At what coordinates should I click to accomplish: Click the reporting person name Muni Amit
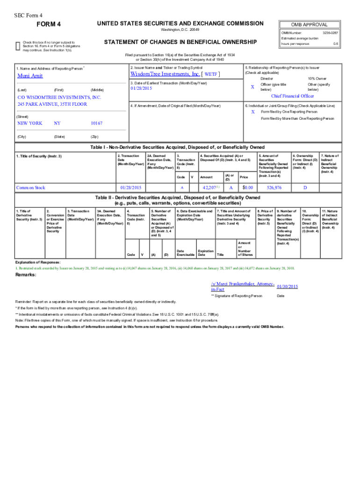30,76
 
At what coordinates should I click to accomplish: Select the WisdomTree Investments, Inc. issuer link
165,74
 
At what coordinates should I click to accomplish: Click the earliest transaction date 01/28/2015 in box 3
142,88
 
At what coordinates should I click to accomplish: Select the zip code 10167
96,123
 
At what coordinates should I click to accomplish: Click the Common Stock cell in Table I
31,188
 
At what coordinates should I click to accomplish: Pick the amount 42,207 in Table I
209,188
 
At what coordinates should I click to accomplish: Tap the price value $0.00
247,188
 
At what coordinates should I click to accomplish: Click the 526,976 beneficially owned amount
274,188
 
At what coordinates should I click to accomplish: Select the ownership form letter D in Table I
305,188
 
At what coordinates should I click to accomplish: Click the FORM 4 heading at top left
49,24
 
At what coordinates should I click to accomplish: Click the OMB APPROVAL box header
309,25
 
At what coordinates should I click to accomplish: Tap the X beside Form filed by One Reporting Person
253,112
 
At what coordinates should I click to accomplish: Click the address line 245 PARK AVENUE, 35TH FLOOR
52,104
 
